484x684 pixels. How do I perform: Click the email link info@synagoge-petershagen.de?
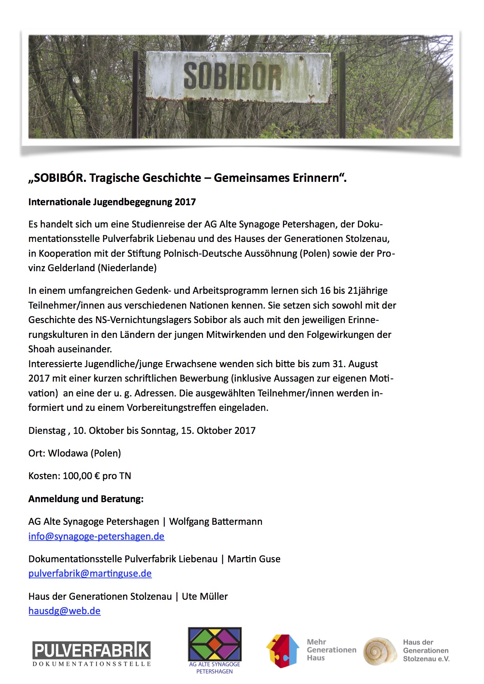pos(96,537)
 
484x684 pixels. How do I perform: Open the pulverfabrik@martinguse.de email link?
pos(90,574)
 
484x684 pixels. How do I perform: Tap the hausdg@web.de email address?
pos(64,611)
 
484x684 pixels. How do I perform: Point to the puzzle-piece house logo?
pos(282,651)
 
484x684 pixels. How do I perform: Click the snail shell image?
pos(379,651)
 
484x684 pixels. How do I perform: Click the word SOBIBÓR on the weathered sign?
pos(232,76)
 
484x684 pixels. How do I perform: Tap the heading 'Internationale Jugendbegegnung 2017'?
pos(112,202)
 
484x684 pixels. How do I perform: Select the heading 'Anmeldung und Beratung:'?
pos(86,499)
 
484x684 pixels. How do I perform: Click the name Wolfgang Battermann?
pos(215,522)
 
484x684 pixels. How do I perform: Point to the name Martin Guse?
pos(254,559)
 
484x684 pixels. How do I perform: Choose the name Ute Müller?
pos(205,597)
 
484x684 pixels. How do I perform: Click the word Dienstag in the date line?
pos(47,431)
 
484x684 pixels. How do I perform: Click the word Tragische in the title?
pos(114,178)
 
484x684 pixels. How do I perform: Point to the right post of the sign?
pos(342,96)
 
